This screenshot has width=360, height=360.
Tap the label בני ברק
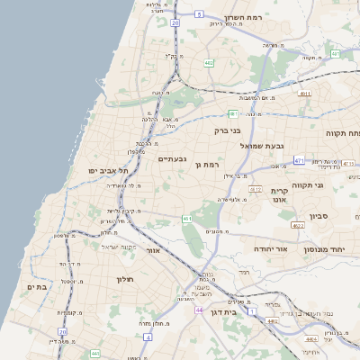tap(229, 130)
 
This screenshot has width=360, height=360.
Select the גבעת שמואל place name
tap(263, 145)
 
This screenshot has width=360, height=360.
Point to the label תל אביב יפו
tap(109, 170)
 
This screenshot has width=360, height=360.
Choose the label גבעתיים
tap(172, 158)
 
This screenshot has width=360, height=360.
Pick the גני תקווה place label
tap(332, 184)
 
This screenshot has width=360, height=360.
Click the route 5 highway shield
tap(199, 15)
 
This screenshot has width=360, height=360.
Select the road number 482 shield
tap(209, 63)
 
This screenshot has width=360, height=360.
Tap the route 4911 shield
tap(305, 93)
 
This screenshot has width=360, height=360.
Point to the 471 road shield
tap(299, 160)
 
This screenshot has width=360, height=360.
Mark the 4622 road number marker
tap(298, 226)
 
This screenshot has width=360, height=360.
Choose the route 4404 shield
tap(311, 339)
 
